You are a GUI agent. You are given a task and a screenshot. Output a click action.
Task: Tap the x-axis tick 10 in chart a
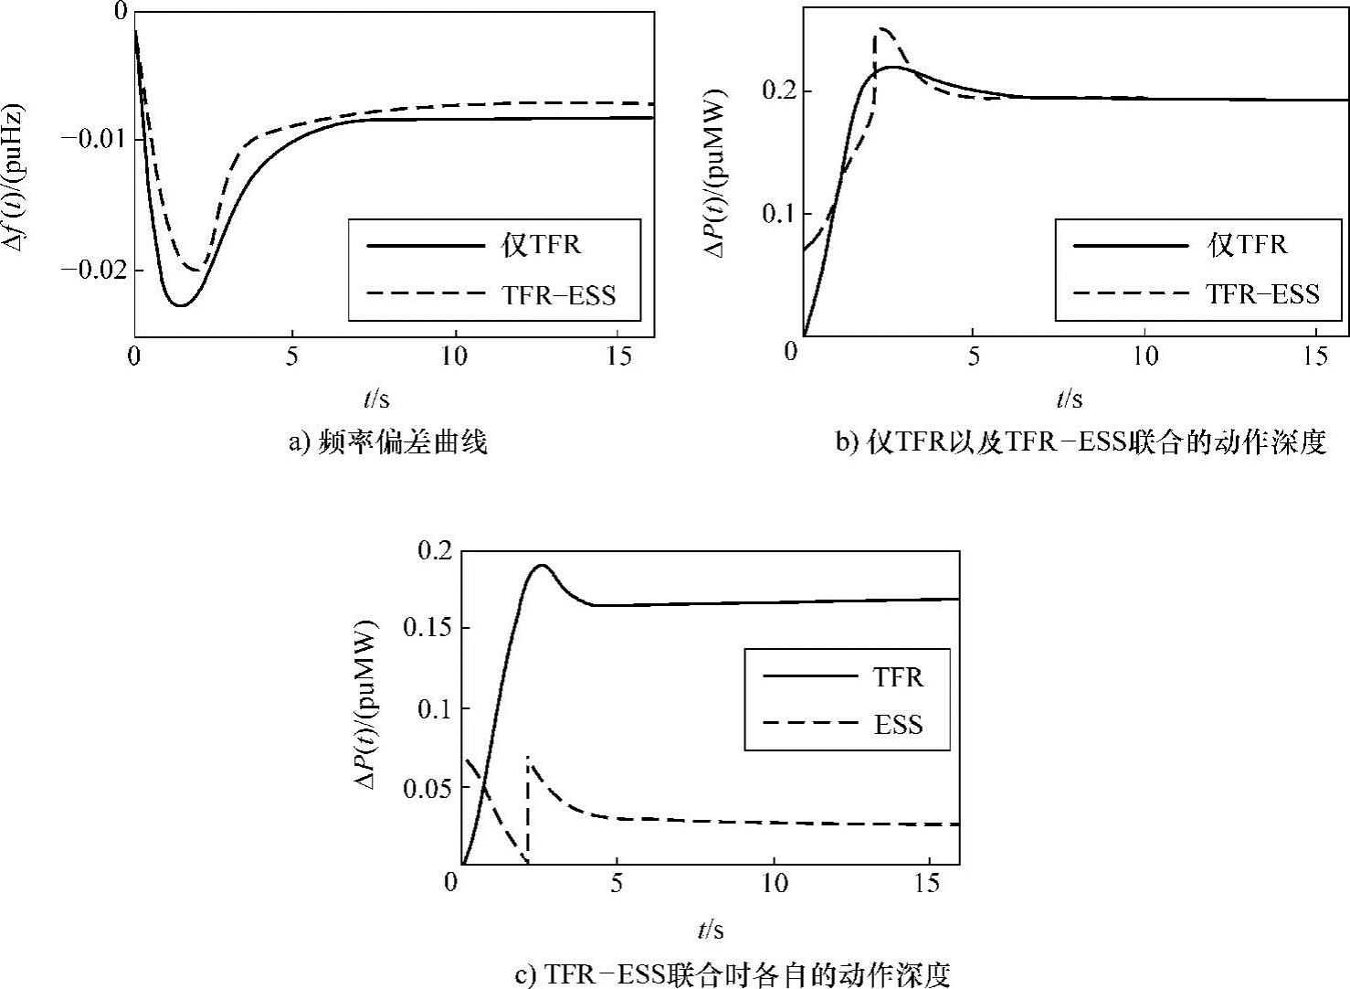pos(454,356)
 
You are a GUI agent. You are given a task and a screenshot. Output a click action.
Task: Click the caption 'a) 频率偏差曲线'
pos(388,443)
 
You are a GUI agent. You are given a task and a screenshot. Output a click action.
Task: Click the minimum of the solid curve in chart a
pos(181,305)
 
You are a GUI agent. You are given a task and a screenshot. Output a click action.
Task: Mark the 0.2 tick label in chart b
pos(778,91)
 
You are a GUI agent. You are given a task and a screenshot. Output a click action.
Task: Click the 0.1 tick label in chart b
pos(778,214)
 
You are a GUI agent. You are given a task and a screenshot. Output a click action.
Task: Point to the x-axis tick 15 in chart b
pos(1315,356)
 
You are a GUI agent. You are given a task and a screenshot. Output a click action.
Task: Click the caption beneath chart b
pos(1081,443)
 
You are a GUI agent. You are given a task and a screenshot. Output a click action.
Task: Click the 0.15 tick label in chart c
pos(427,629)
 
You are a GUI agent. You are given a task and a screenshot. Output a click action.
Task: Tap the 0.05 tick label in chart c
pos(427,788)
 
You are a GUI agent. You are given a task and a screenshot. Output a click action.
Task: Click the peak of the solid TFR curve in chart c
pos(542,566)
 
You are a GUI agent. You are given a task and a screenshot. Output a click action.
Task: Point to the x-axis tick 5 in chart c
pos(617,883)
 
